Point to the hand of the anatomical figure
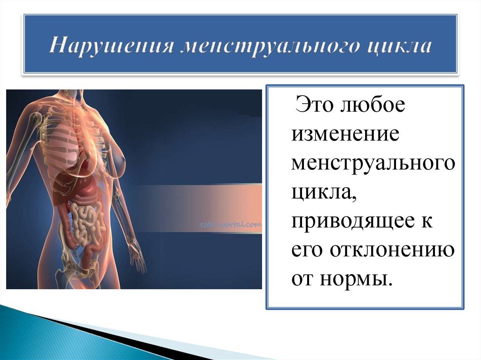coord(137,256)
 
